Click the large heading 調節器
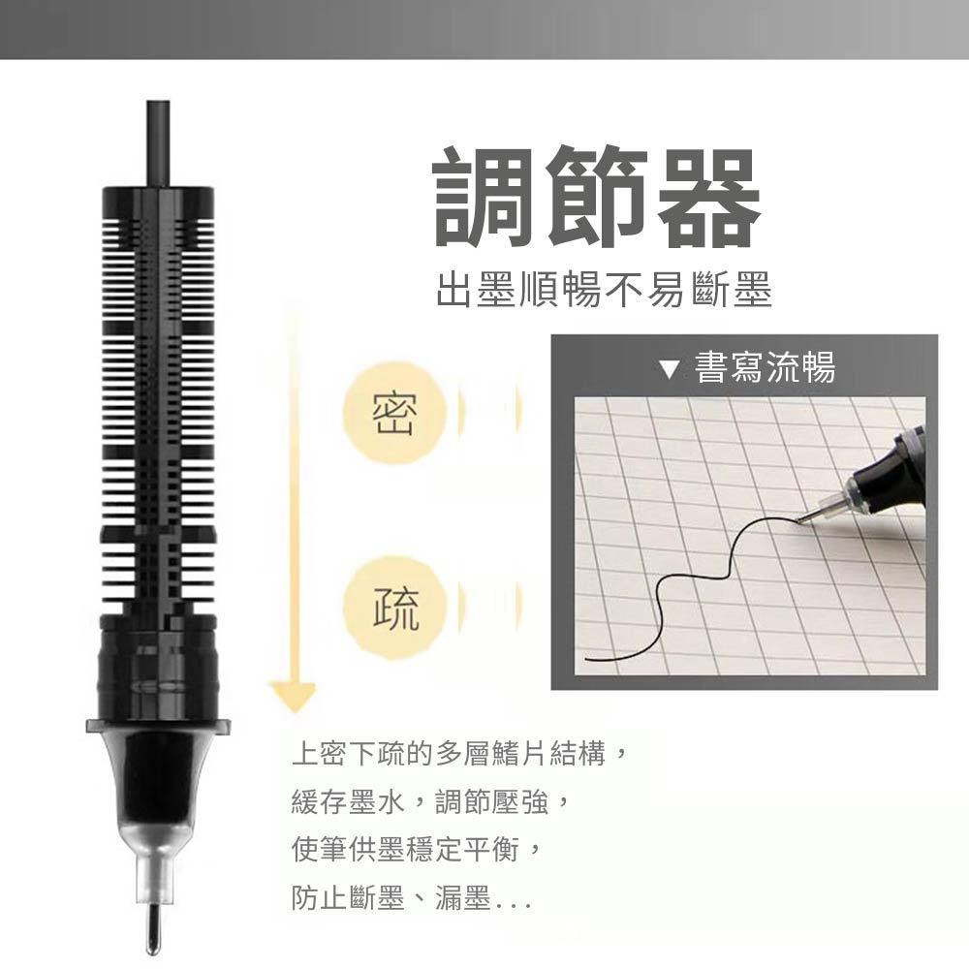595,198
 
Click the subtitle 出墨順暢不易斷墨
603,290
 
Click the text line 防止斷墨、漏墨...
411,901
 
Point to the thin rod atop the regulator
158,136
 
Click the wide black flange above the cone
158,724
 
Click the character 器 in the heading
703,198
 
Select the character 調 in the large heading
484,198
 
